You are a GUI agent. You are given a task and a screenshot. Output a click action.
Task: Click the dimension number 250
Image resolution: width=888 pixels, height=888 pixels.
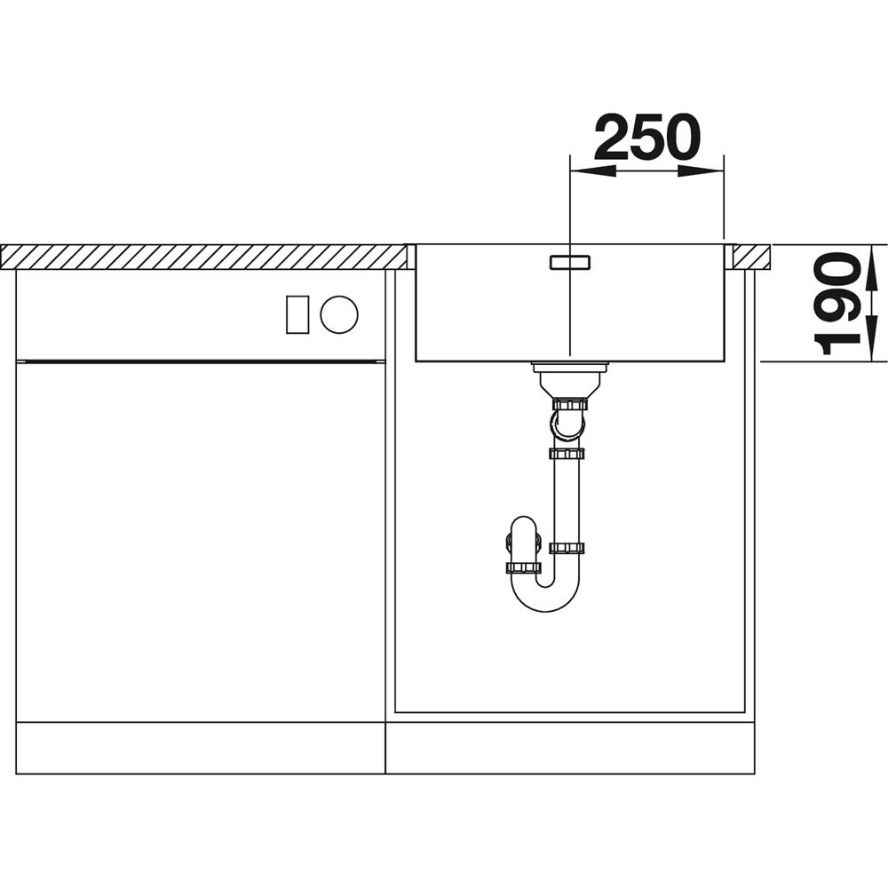(x=646, y=137)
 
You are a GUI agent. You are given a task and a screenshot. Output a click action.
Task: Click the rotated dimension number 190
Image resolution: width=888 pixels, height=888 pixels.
(x=836, y=303)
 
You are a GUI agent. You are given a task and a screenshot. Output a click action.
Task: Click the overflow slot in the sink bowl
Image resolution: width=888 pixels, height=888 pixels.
(x=569, y=262)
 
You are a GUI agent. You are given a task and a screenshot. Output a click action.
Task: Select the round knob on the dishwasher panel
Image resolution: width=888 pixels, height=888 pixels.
(x=338, y=313)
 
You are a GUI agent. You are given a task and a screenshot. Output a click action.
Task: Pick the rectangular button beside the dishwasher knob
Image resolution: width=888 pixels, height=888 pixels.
(x=297, y=314)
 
